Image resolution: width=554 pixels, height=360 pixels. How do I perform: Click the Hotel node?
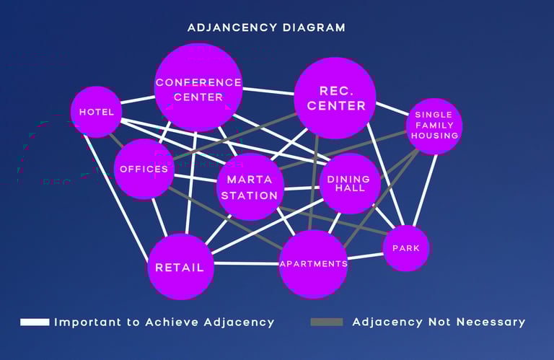[x=96, y=112]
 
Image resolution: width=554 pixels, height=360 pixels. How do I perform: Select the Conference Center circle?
[x=198, y=87]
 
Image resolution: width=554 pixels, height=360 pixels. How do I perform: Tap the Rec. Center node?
[x=335, y=97]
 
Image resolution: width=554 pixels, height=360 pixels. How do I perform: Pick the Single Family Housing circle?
[x=434, y=126]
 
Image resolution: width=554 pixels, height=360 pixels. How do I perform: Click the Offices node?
[x=144, y=169]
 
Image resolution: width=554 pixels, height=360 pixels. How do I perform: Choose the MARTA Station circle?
[x=250, y=187]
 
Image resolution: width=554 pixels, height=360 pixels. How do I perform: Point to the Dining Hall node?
[x=349, y=183]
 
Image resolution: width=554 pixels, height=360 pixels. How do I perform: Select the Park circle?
[x=406, y=248]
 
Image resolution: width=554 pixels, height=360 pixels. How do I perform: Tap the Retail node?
[x=180, y=266]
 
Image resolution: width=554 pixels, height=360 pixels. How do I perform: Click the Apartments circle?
[x=313, y=263]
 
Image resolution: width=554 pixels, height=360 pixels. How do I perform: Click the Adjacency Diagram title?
[x=266, y=27]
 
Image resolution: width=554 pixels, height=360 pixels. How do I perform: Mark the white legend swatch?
[x=35, y=322]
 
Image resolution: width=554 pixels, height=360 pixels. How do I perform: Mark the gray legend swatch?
[x=326, y=322]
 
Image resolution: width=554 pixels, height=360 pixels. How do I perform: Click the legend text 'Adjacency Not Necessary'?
[x=439, y=322]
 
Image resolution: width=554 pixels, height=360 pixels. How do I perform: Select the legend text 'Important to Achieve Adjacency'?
[x=164, y=322]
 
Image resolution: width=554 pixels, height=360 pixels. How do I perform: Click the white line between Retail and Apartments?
[x=245, y=263]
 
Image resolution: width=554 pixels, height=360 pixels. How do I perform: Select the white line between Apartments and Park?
[x=366, y=256]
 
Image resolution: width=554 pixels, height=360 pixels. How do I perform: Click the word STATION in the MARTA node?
[x=250, y=196]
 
